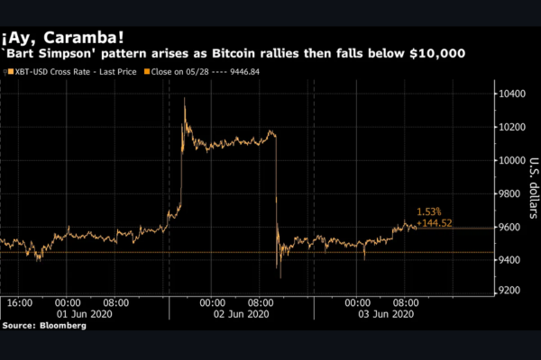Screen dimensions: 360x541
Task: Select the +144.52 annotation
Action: [x=434, y=221]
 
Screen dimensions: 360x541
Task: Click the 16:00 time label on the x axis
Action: [x=19, y=303]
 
